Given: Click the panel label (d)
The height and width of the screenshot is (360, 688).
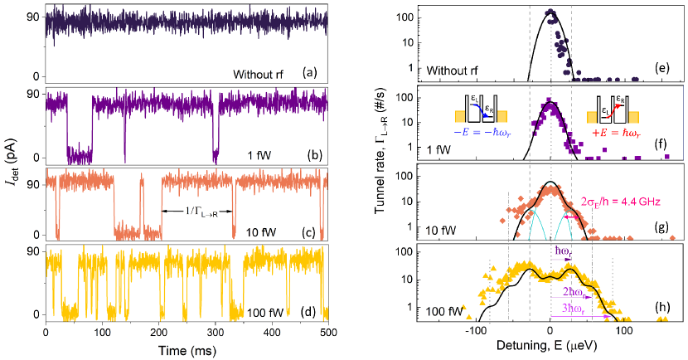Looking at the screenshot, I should click(x=315, y=313).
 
